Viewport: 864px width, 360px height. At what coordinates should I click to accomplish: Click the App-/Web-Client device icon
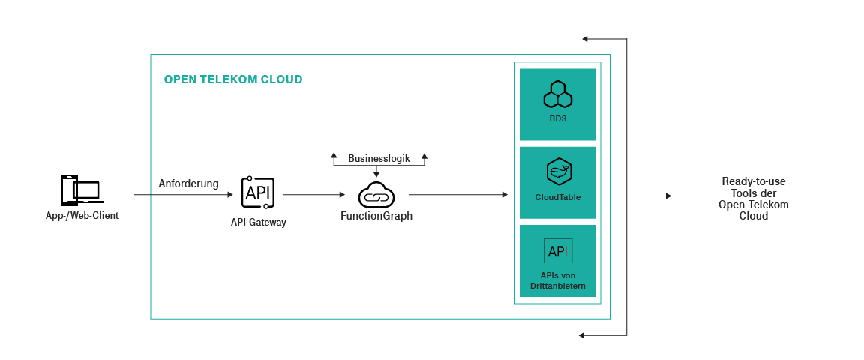point(82,190)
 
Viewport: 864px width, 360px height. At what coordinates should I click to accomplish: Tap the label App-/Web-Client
point(82,216)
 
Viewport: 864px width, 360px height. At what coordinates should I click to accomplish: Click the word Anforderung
point(188,184)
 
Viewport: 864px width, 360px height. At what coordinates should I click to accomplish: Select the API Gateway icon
point(258,193)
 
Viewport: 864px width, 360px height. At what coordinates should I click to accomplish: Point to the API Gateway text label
point(258,223)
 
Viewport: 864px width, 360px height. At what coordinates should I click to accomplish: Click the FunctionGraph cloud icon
point(376,195)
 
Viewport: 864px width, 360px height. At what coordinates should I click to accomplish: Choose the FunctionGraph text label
point(376,217)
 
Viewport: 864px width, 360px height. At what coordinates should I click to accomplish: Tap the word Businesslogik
point(379,159)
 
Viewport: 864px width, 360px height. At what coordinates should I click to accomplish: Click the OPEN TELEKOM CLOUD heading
point(233,79)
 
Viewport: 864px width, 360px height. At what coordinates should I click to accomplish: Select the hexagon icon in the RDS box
point(558,94)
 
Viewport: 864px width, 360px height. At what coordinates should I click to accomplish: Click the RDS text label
point(558,118)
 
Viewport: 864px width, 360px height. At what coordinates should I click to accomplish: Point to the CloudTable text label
point(558,197)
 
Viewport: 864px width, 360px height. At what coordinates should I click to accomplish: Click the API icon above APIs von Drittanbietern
point(558,250)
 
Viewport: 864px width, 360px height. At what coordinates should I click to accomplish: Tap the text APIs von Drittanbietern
point(558,280)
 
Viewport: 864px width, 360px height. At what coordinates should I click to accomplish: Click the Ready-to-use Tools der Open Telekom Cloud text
point(753,199)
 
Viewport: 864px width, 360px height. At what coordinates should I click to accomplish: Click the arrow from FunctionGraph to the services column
point(457,195)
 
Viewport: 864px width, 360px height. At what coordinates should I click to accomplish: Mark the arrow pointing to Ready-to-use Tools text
point(649,196)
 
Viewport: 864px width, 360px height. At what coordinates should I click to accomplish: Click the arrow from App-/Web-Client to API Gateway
point(183,195)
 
